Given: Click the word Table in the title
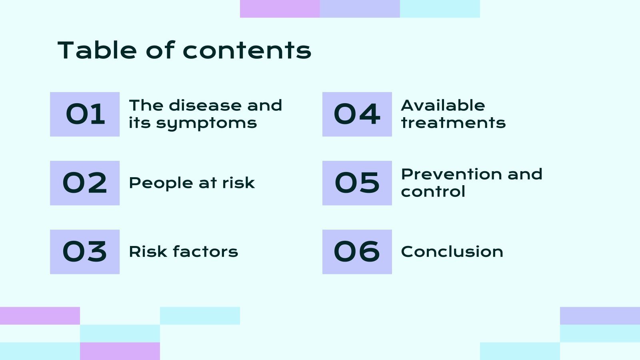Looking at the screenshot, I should (98, 50).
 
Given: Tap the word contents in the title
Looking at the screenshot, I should (247, 51).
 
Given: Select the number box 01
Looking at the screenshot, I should (85, 114).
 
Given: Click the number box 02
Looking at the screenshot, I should (85, 183).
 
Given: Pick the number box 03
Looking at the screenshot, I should (85, 252).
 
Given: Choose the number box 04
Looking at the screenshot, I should (357, 114).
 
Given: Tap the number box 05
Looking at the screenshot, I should (357, 183).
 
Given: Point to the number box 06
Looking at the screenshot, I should (357, 252).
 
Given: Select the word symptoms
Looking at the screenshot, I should (206, 123).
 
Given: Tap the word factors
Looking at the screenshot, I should (206, 252).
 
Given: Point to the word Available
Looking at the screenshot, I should (443, 106).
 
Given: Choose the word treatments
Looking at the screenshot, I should (453, 123).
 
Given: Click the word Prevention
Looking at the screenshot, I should (452, 174).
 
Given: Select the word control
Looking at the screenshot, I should (433, 192).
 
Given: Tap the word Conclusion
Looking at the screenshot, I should (452, 252).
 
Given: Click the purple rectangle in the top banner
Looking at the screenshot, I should (280, 9).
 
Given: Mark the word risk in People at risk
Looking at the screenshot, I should (238, 183).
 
